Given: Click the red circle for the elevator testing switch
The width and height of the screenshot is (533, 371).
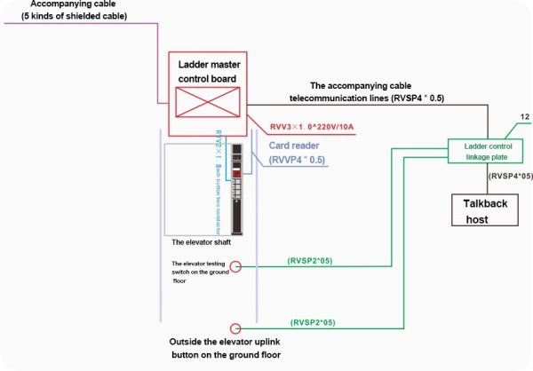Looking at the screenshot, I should pos(235,265).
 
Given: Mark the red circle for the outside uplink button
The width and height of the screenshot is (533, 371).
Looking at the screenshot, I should pos(235,327).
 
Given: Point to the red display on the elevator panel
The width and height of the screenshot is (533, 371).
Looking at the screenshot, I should pos(237,172).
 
